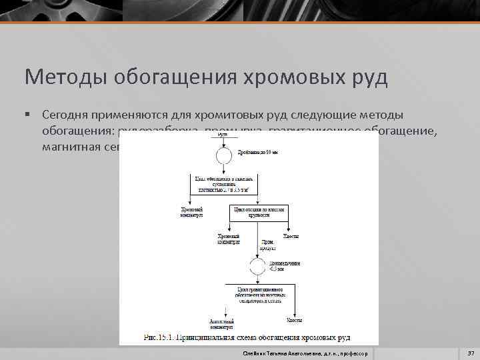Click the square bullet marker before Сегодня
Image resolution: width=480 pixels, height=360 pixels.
click(x=27, y=114)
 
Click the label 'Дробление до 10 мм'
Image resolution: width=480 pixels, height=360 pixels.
click(x=254, y=152)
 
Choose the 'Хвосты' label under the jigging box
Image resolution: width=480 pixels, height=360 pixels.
click(x=291, y=237)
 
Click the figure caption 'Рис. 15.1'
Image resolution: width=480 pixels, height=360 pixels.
click(x=247, y=337)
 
